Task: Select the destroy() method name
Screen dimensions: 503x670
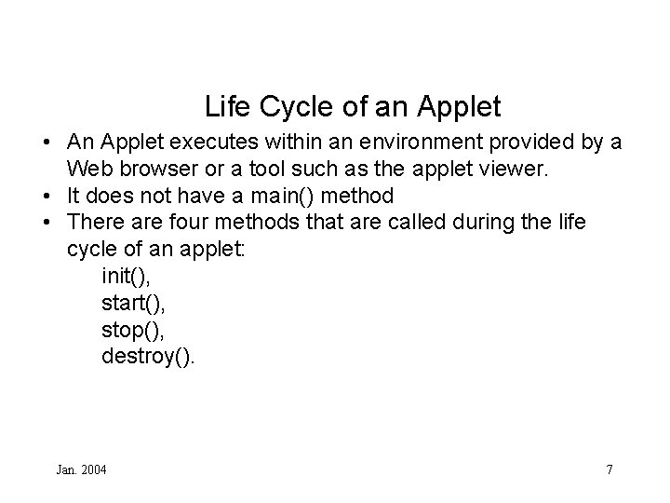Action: [x=148, y=357]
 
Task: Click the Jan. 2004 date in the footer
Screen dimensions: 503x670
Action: [x=81, y=469]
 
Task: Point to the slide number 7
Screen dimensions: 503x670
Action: [x=609, y=469]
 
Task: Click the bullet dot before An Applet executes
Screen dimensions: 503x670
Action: [x=46, y=144]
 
